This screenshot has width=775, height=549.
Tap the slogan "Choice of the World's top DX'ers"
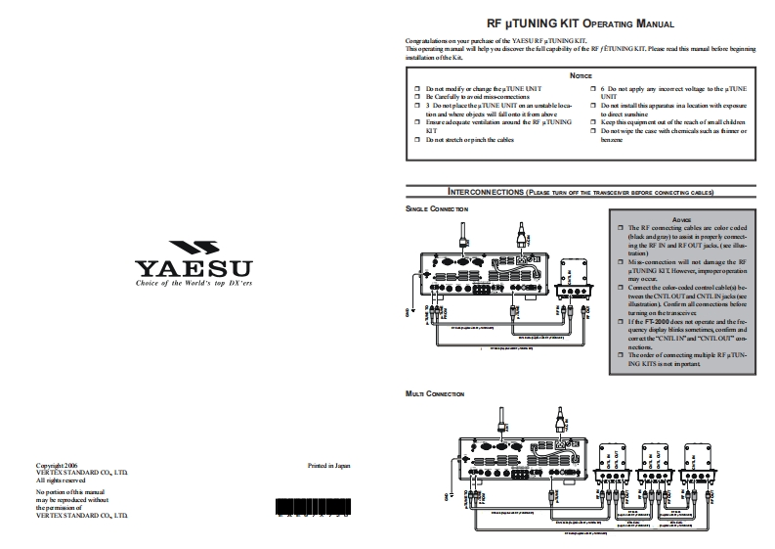(x=194, y=282)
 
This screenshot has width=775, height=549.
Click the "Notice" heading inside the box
(x=580, y=75)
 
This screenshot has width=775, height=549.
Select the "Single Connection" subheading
(x=437, y=209)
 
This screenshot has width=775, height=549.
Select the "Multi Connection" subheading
(x=435, y=392)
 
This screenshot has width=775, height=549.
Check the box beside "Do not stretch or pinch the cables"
(x=417, y=140)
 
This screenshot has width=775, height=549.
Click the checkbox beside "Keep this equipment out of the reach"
(x=593, y=122)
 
